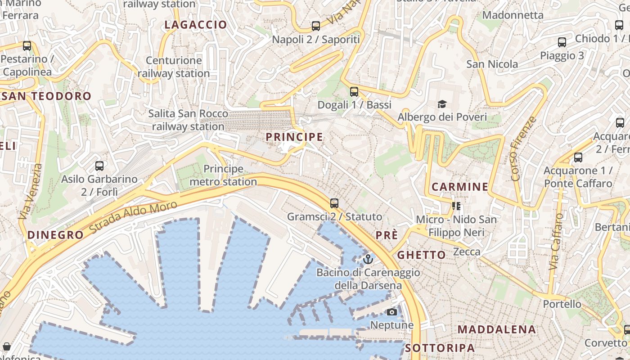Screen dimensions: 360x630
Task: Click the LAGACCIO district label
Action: [196, 25]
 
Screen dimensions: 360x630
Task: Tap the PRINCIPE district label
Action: [294, 137]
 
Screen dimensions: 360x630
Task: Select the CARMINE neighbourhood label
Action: [460, 187]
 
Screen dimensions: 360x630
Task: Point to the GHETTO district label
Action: [421, 255]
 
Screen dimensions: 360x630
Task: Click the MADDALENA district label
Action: [497, 329]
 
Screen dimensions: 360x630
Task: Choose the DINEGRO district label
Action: [55, 235]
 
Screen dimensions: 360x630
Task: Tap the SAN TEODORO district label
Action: [46, 96]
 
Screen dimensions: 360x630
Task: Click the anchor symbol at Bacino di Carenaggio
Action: [368, 259]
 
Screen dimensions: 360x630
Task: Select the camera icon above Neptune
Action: [392, 312]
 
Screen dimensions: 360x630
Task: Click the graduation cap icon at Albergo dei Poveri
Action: [442, 104]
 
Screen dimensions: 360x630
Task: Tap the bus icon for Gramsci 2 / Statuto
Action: [334, 203]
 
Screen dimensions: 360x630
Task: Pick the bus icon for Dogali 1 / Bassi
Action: [354, 92]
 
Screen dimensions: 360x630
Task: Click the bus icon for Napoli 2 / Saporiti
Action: [316, 26]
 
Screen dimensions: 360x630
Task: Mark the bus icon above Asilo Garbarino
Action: [99, 166]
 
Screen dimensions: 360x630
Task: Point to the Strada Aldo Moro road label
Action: [133, 216]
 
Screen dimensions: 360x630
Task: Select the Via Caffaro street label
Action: [556, 242]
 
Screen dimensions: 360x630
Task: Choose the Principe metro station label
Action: [223, 175]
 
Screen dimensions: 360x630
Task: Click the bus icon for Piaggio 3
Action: [562, 43]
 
